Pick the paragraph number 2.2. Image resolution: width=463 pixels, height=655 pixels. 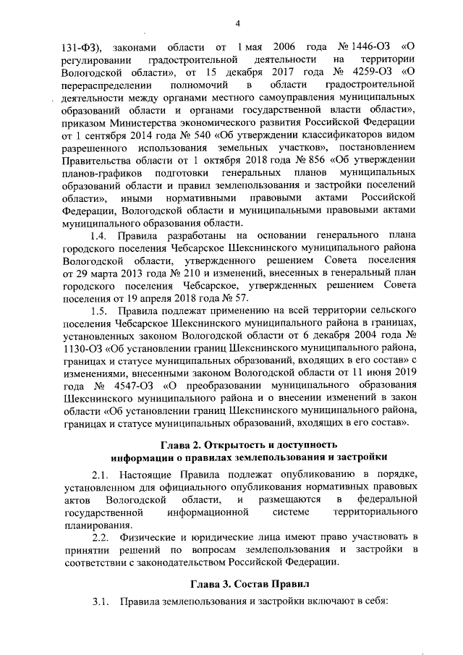pyautogui.click(x=98, y=538)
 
